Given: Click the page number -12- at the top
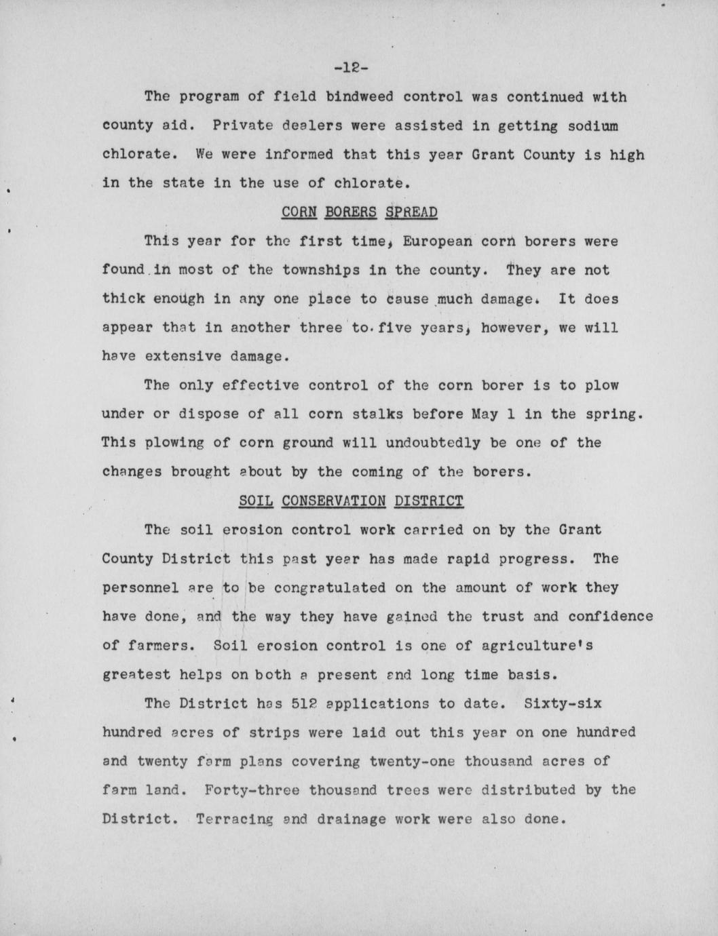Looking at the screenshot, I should pyautogui.click(x=351, y=68).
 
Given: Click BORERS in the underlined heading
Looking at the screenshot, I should pyautogui.click(x=350, y=212).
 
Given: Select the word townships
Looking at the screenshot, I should pyautogui.click(x=321, y=270).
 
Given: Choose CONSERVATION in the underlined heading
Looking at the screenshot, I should pyautogui.click(x=333, y=501).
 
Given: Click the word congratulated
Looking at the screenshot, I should pyautogui.click(x=325, y=587).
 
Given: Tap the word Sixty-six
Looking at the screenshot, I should pyautogui.click(x=563, y=703).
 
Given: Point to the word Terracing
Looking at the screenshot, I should pyautogui.click(x=234, y=819).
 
